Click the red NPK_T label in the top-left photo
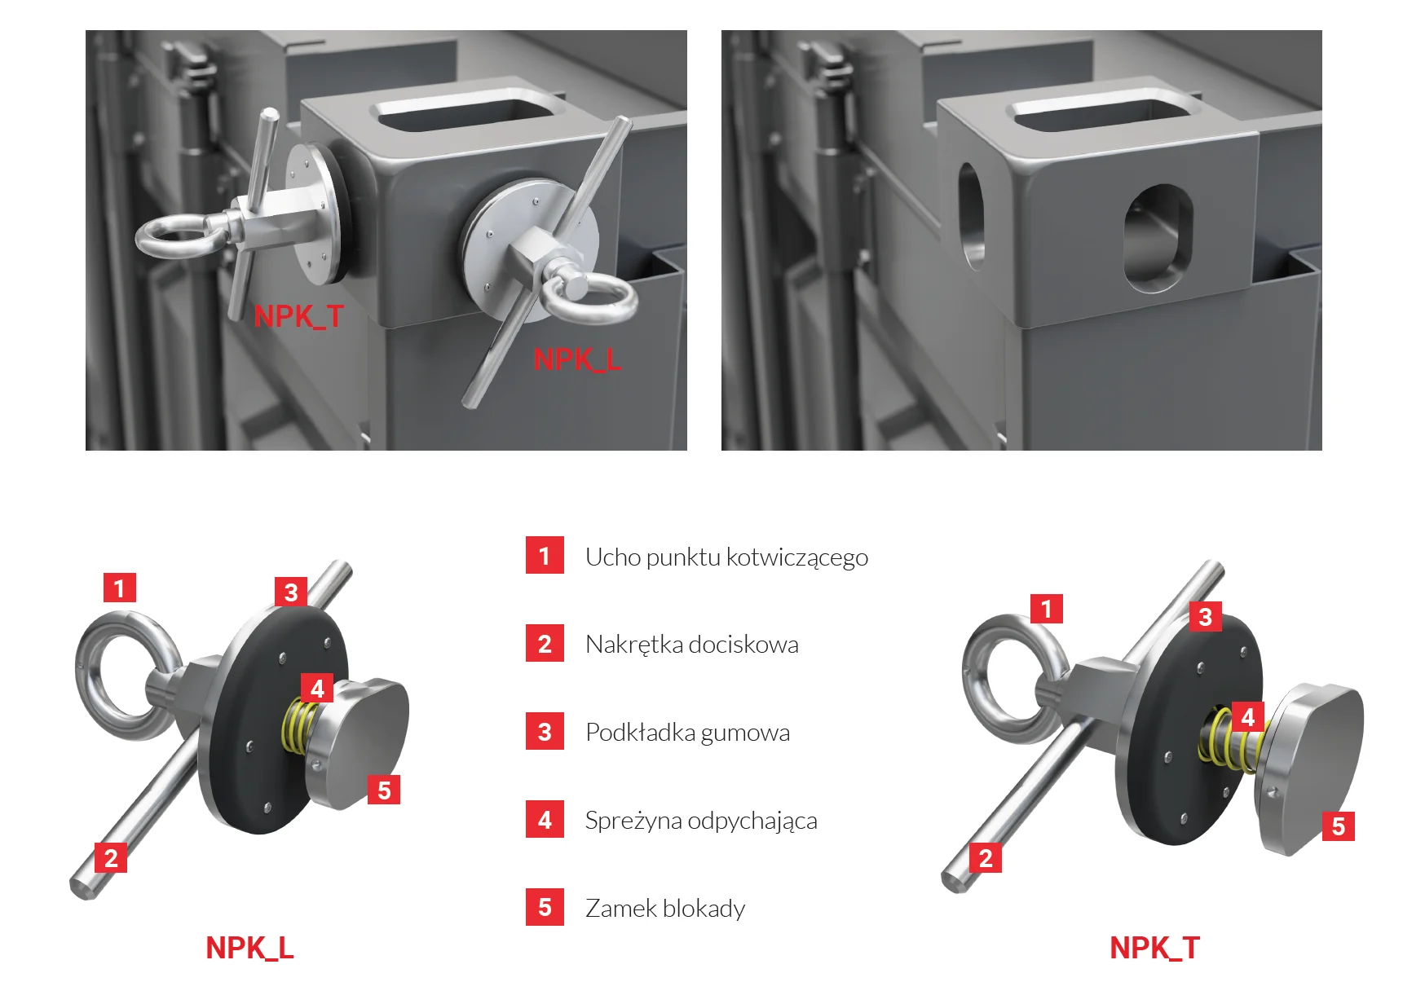pos(298,316)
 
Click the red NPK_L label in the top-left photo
pos(577,359)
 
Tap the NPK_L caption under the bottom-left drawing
pos(249,948)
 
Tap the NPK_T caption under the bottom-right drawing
pos(1154,948)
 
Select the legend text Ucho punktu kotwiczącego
pos(726,557)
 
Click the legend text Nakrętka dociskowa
pos(692,645)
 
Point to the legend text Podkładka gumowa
pos(687,733)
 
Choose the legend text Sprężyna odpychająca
pos(701,821)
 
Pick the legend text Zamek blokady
pos(665,908)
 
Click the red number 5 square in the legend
pos(545,907)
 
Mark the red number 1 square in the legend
pos(545,555)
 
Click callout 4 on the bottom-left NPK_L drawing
pos(317,689)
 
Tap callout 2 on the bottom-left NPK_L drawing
pos(111,857)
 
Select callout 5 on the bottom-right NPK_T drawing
pos(1339,826)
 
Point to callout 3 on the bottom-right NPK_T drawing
pos(1206,617)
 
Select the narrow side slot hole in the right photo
pos(972,215)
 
